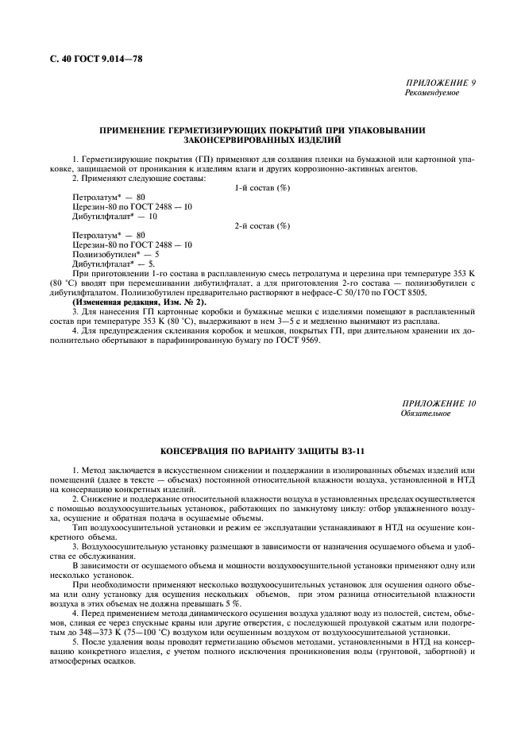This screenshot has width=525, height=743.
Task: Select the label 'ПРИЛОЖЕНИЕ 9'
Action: (x=440, y=83)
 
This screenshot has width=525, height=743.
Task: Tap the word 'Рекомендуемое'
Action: (x=432, y=93)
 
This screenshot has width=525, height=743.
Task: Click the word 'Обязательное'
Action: (x=426, y=414)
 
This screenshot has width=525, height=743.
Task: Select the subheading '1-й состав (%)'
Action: (x=262, y=187)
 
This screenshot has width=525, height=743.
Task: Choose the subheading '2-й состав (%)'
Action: (x=262, y=226)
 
